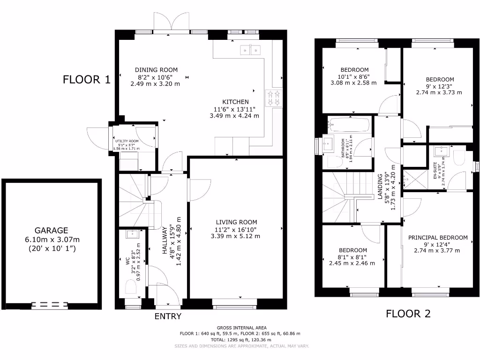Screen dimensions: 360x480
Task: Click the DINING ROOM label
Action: click(156, 70)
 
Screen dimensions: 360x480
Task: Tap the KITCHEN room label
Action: click(235, 102)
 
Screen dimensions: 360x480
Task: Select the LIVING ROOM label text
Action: click(236, 222)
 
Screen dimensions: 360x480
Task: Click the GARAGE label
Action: click(52, 231)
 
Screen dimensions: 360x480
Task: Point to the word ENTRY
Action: click(168, 316)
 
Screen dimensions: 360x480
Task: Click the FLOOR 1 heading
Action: click(87, 79)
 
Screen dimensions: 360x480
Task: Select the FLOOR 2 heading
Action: click(408, 314)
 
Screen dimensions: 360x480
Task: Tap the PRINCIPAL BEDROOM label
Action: click(437, 238)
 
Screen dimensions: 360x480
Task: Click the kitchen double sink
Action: click(250, 49)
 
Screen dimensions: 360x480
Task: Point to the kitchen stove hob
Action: click(273, 98)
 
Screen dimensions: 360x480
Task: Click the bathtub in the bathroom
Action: click(349, 125)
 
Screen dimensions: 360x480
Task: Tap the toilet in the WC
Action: click(130, 286)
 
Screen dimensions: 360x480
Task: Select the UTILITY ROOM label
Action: click(127, 141)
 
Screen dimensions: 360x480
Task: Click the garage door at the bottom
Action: click(49, 305)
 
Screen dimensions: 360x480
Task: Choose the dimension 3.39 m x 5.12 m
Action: click(236, 236)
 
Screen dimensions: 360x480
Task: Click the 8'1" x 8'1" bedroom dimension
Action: click(353, 257)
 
